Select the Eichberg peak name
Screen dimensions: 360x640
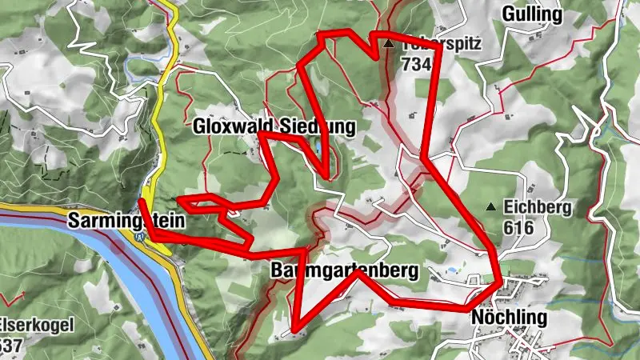point(538,208)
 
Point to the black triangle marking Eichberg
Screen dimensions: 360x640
point(490,207)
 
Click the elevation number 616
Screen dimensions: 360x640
point(520,227)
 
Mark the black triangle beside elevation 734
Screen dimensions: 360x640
point(388,44)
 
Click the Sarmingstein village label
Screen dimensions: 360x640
point(126,219)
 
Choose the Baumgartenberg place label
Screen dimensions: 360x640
point(344,271)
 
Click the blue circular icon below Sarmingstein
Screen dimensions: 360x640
point(141,236)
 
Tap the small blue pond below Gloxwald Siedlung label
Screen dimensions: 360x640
point(319,149)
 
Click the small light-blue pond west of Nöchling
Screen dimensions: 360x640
point(454,271)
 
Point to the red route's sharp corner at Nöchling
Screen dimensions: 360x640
point(501,282)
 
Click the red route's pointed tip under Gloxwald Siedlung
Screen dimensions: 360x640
point(326,176)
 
